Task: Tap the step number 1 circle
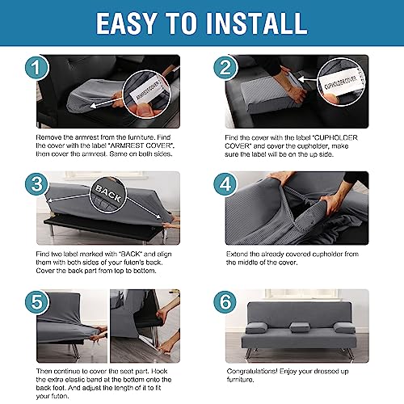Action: click(37, 68)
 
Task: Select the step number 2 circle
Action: click(225, 67)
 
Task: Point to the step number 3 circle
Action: click(37, 184)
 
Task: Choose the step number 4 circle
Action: click(225, 184)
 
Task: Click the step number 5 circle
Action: click(37, 301)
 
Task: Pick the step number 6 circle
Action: click(225, 301)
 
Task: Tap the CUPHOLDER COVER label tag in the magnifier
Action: click(341, 82)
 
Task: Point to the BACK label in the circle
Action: click(108, 193)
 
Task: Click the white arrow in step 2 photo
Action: click(308, 79)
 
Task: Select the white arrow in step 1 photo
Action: click(106, 103)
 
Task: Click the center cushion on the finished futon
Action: click(300, 326)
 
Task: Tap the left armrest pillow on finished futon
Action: click(256, 328)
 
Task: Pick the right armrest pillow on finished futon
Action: click(344, 327)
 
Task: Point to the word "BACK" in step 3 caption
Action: click(132, 254)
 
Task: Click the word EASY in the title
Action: click(127, 23)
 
